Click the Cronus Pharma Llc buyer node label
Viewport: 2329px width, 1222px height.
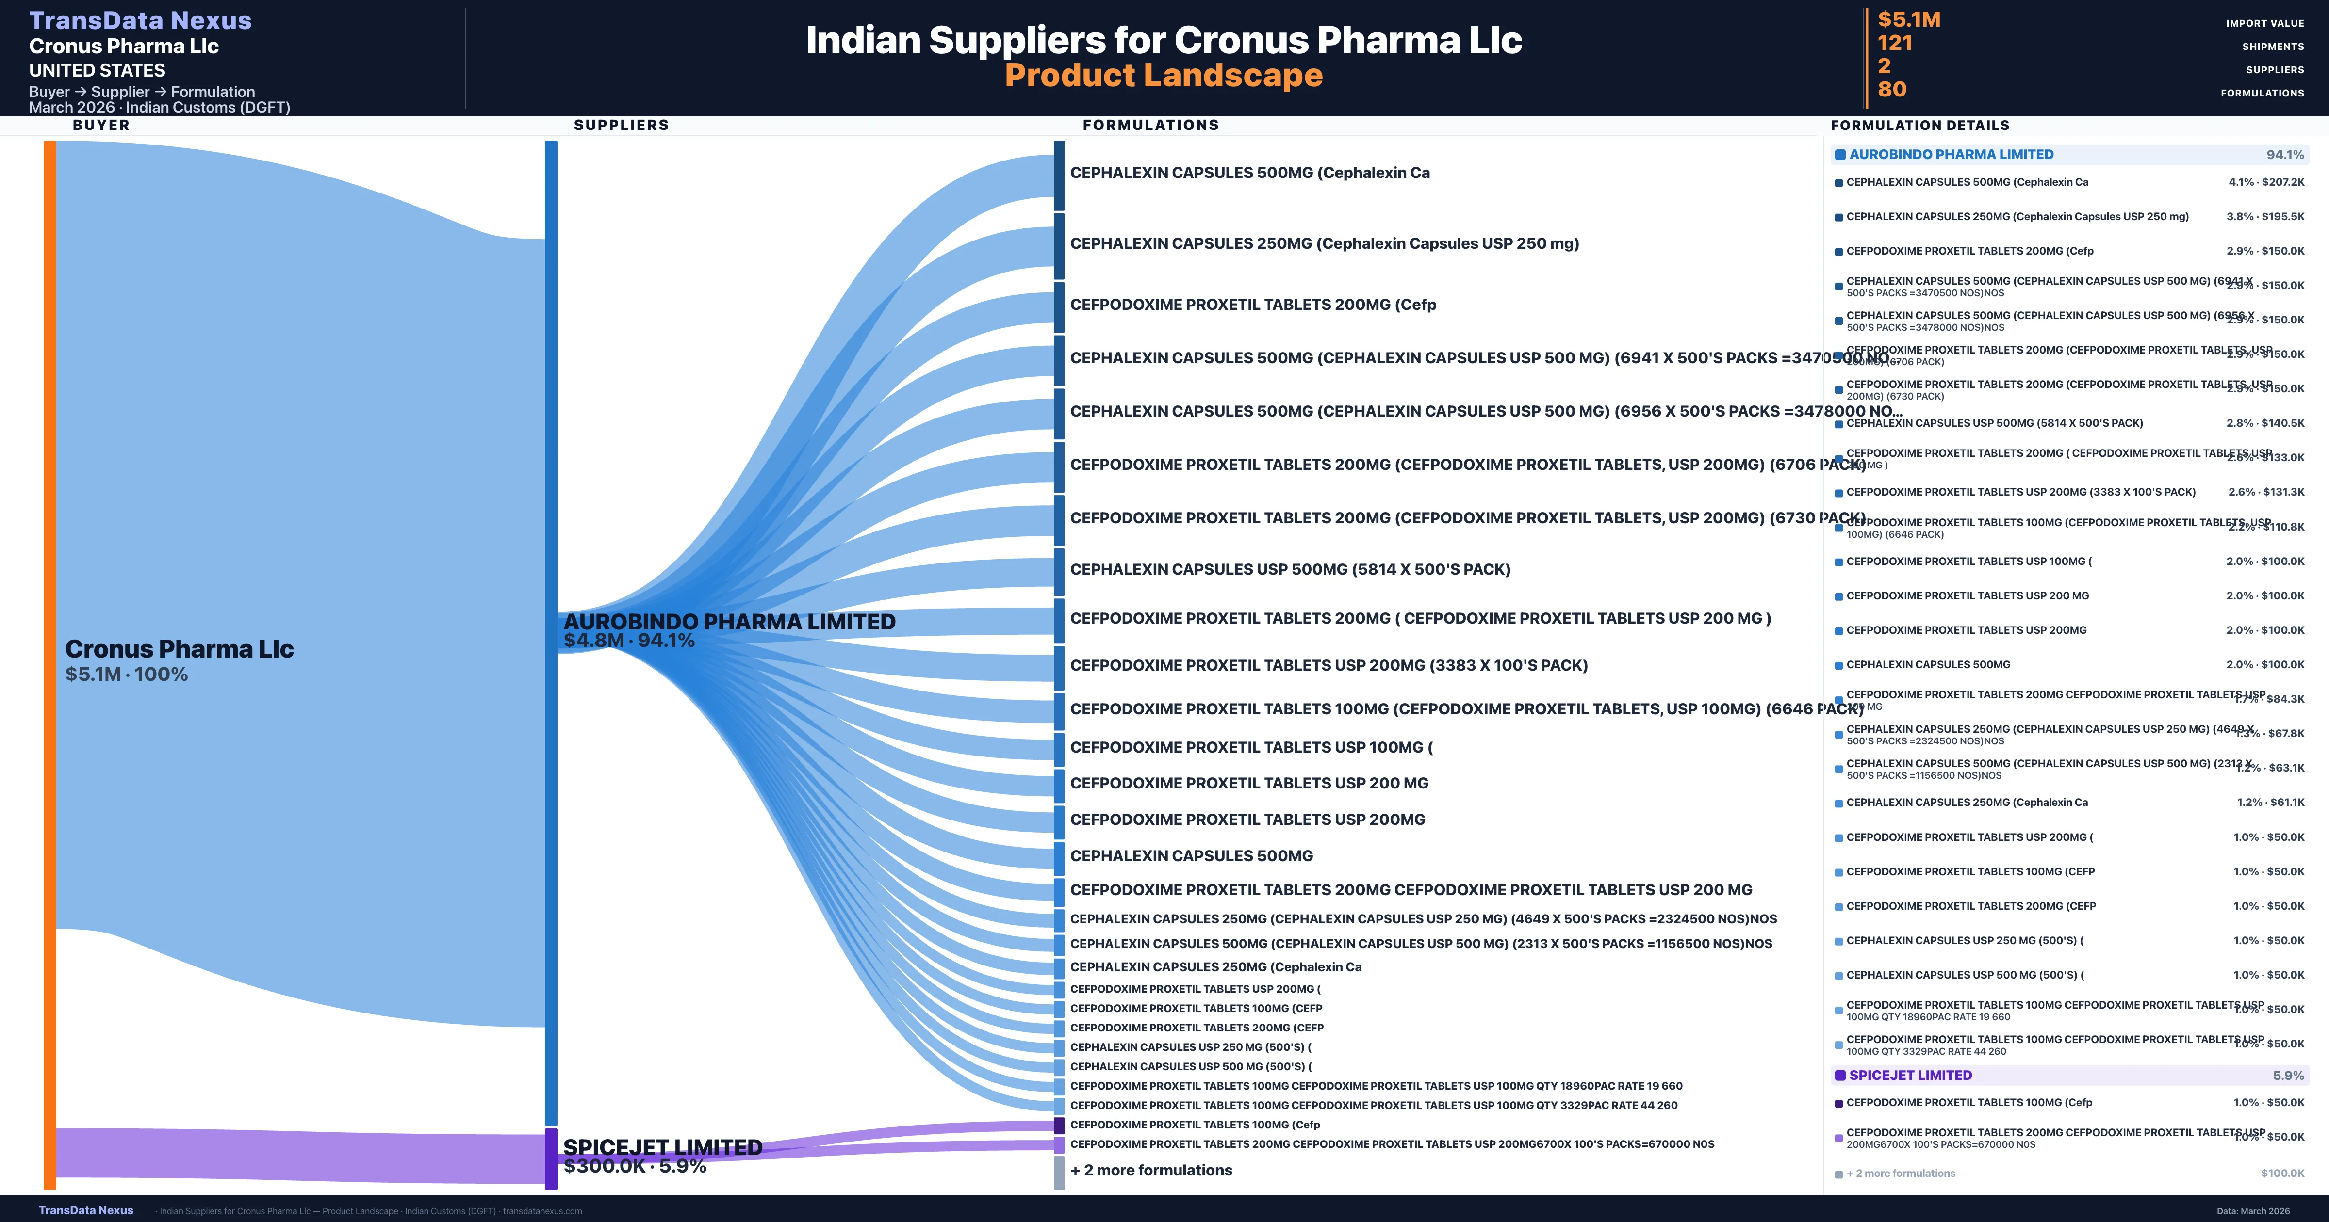(179, 649)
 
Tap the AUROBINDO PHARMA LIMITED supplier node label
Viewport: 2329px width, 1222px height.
(729, 622)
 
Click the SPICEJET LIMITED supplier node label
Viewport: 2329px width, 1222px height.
(663, 1147)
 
